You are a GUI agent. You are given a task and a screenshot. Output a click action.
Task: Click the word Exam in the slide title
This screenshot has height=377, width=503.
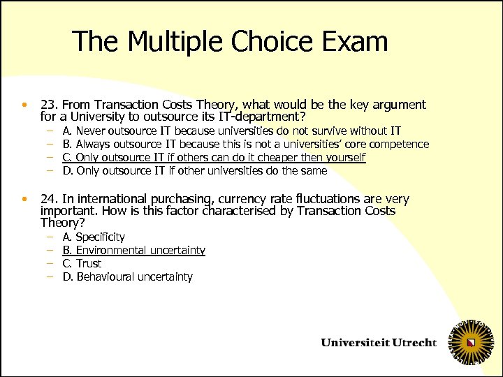tap(356, 43)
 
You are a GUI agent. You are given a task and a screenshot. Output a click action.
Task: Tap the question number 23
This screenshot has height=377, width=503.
tap(49, 105)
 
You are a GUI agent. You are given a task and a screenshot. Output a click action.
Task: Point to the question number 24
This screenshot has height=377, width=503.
tap(49, 199)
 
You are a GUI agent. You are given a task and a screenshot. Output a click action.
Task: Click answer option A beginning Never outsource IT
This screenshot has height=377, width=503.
tap(231, 131)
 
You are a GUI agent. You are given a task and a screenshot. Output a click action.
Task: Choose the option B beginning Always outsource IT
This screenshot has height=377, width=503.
tap(245, 144)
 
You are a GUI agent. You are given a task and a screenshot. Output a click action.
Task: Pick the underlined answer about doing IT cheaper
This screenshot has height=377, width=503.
tap(214, 157)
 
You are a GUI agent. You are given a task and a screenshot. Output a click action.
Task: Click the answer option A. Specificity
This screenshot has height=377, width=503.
tap(94, 237)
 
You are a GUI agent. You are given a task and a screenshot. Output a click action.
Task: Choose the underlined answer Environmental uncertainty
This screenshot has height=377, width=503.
tap(133, 250)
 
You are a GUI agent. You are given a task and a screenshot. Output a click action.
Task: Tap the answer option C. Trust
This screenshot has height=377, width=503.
tap(82, 263)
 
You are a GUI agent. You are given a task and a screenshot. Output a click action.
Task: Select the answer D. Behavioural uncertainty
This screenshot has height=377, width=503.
tap(127, 276)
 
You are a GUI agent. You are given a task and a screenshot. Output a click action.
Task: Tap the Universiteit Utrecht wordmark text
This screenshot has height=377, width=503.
tap(378, 343)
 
